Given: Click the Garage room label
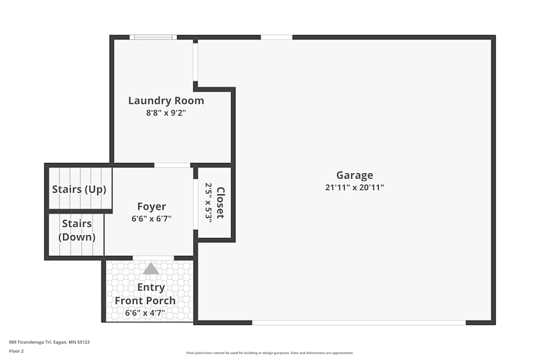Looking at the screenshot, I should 354,175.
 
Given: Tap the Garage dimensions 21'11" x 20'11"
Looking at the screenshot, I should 354,188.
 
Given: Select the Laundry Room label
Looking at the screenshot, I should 166,101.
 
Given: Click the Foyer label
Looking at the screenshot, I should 151,207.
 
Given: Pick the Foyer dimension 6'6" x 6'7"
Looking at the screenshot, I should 151,219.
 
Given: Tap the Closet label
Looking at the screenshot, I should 220,202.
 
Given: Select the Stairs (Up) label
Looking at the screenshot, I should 79,189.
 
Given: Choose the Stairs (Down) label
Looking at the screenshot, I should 77,230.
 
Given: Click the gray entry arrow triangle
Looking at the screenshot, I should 151,268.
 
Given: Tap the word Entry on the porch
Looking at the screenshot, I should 151,287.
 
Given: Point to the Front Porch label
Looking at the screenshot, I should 145,301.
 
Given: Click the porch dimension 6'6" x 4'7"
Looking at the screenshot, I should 145,313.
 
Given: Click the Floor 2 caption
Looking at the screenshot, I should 16,351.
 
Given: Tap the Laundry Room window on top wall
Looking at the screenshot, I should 153,37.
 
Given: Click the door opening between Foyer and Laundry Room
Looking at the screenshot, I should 172,165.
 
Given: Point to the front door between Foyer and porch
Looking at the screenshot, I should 153,258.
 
